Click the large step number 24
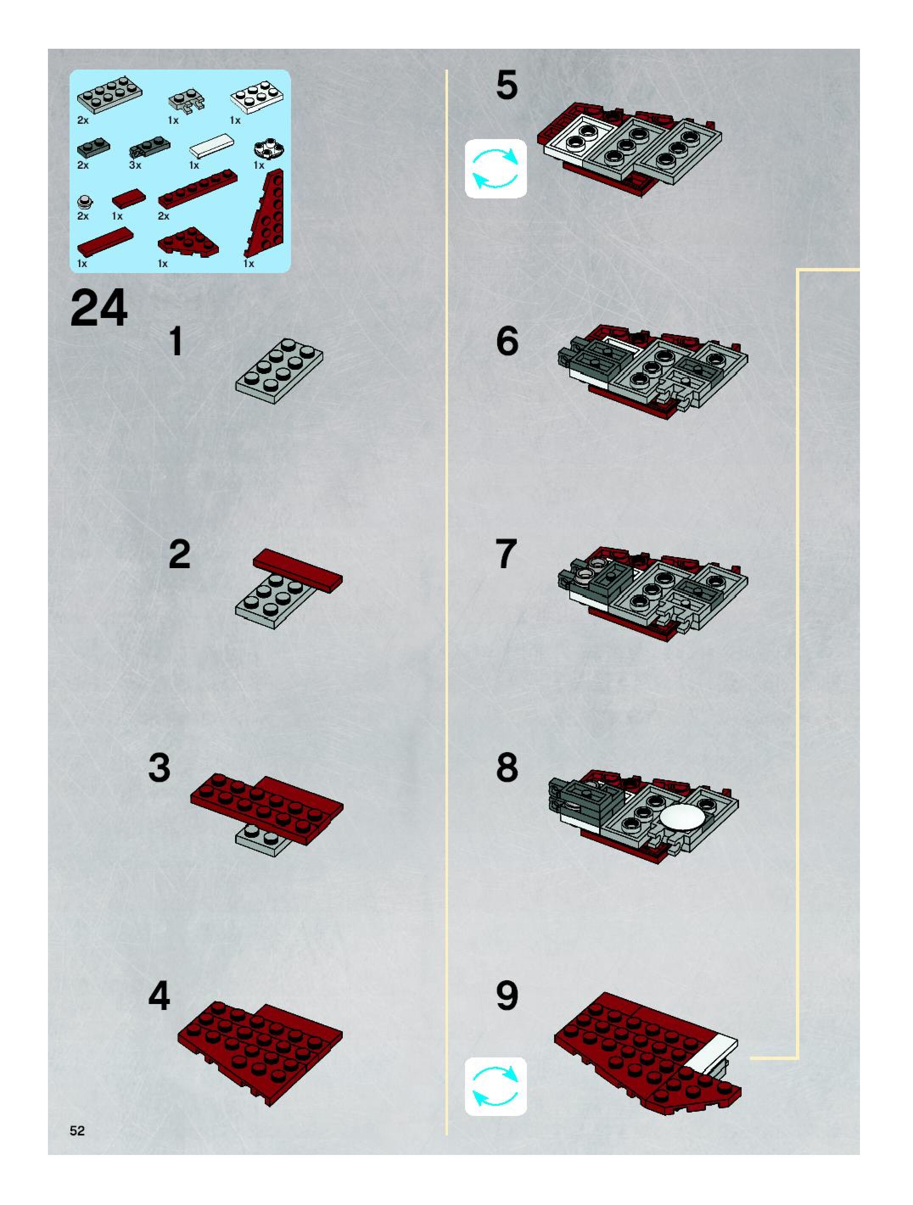(x=99, y=308)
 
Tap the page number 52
(x=77, y=1130)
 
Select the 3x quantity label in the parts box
(x=135, y=165)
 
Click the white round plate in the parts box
(x=268, y=149)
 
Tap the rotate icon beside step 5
(x=496, y=168)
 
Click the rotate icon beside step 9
(x=496, y=1086)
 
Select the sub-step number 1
(x=176, y=342)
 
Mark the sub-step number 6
(x=507, y=342)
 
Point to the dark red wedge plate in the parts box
(x=188, y=241)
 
